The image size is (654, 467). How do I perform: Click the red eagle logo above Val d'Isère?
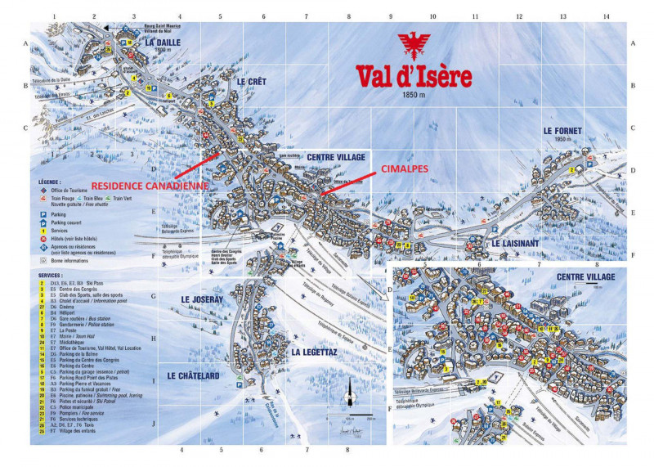pyautogui.click(x=413, y=48)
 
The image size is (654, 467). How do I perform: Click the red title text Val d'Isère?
pyautogui.click(x=413, y=76)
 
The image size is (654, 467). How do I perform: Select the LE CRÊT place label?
pyautogui.click(x=252, y=82)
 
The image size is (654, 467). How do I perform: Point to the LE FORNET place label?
pyautogui.click(x=561, y=130)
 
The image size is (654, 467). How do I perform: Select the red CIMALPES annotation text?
pyautogui.click(x=405, y=168)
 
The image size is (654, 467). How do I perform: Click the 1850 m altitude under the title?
pyautogui.click(x=414, y=95)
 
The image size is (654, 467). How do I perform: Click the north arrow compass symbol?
pyautogui.click(x=350, y=391)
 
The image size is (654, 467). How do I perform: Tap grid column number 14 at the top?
pyautogui.click(x=606, y=16)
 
